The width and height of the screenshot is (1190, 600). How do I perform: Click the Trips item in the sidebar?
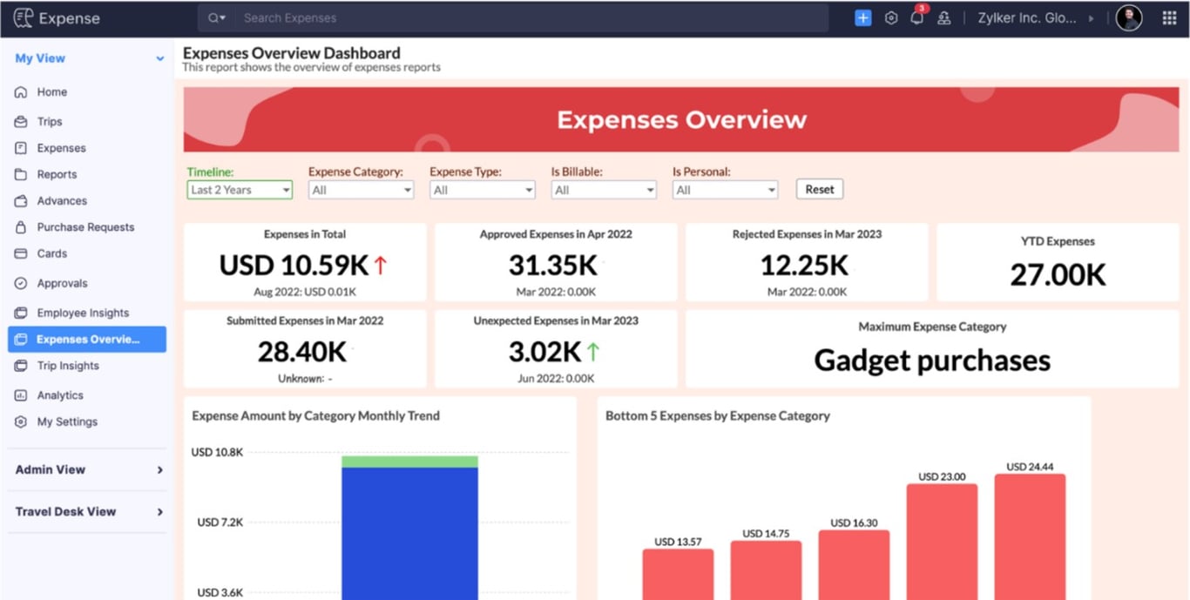tap(49, 122)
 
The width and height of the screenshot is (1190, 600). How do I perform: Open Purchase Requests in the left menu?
tap(85, 227)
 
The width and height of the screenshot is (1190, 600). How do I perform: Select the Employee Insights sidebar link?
tap(83, 313)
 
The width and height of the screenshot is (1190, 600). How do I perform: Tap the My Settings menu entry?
tap(67, 421)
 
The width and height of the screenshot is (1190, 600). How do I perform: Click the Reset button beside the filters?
tap(819, 189)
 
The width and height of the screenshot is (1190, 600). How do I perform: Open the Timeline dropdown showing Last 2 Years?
tap(240, 190)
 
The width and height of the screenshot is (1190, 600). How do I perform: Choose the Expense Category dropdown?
tap(361, 190)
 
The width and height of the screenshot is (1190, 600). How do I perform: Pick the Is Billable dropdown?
tap(603, 190)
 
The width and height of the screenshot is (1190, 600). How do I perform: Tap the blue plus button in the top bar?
tap(862, 17)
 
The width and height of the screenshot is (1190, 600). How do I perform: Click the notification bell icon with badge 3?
tap(916, 17)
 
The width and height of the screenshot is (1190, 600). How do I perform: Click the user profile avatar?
tap(1129, 17)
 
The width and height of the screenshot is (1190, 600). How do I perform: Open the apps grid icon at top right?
tap(1169, 17)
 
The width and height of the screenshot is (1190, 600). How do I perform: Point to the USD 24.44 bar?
tap(1030, 536)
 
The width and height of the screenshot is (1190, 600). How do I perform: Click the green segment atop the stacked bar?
tap(409, 462)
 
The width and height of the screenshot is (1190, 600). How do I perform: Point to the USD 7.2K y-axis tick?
tap(220, 522)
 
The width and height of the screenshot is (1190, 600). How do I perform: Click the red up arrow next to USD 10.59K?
tap(381, 265)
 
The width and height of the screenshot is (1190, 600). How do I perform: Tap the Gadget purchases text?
tap(932, 361)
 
